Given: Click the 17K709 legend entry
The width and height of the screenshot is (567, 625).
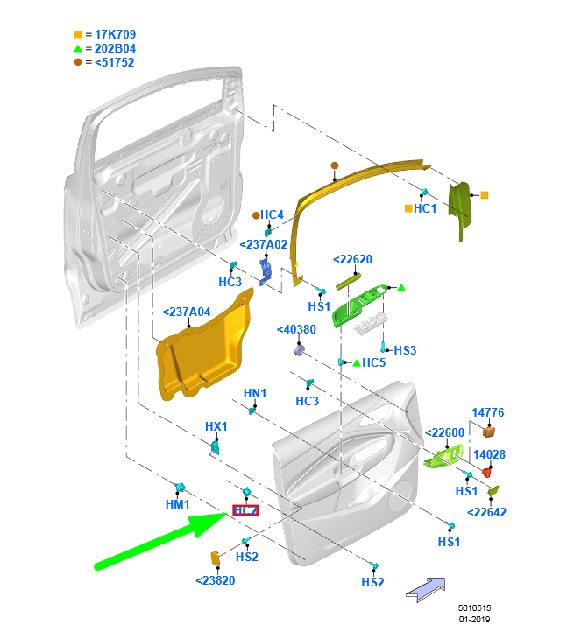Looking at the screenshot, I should tap(110, 35).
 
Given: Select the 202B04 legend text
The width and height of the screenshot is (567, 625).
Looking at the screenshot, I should tap(110, 49).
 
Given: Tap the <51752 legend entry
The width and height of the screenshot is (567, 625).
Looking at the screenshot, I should tap(110, 63).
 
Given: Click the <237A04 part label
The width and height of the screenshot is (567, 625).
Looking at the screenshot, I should tap(187, 312).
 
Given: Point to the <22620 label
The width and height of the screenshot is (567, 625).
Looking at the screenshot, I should tap(352, 259).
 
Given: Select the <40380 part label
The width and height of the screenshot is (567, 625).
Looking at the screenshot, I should tap(295, 330).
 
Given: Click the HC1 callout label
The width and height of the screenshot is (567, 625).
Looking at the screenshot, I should tap(425, 209).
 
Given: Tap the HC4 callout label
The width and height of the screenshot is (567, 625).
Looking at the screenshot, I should tap(272, 215).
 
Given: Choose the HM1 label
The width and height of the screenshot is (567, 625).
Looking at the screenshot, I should tap(178, 505).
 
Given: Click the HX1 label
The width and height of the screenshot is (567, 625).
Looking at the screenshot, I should tap(216, 426).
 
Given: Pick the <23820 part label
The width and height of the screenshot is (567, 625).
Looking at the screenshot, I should tap(215, 580).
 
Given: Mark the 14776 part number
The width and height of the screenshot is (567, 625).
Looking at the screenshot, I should tap(487, 412).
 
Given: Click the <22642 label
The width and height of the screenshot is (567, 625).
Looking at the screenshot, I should tap(486, 513).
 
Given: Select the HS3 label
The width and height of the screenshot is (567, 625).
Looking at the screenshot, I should tap(405, 350).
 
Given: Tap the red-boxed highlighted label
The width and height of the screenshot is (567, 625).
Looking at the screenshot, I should tap(245, 510).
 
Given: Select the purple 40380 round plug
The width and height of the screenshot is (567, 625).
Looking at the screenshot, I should tap(299, 351).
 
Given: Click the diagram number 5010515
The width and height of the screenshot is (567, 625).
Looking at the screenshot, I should tap(474, 607).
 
